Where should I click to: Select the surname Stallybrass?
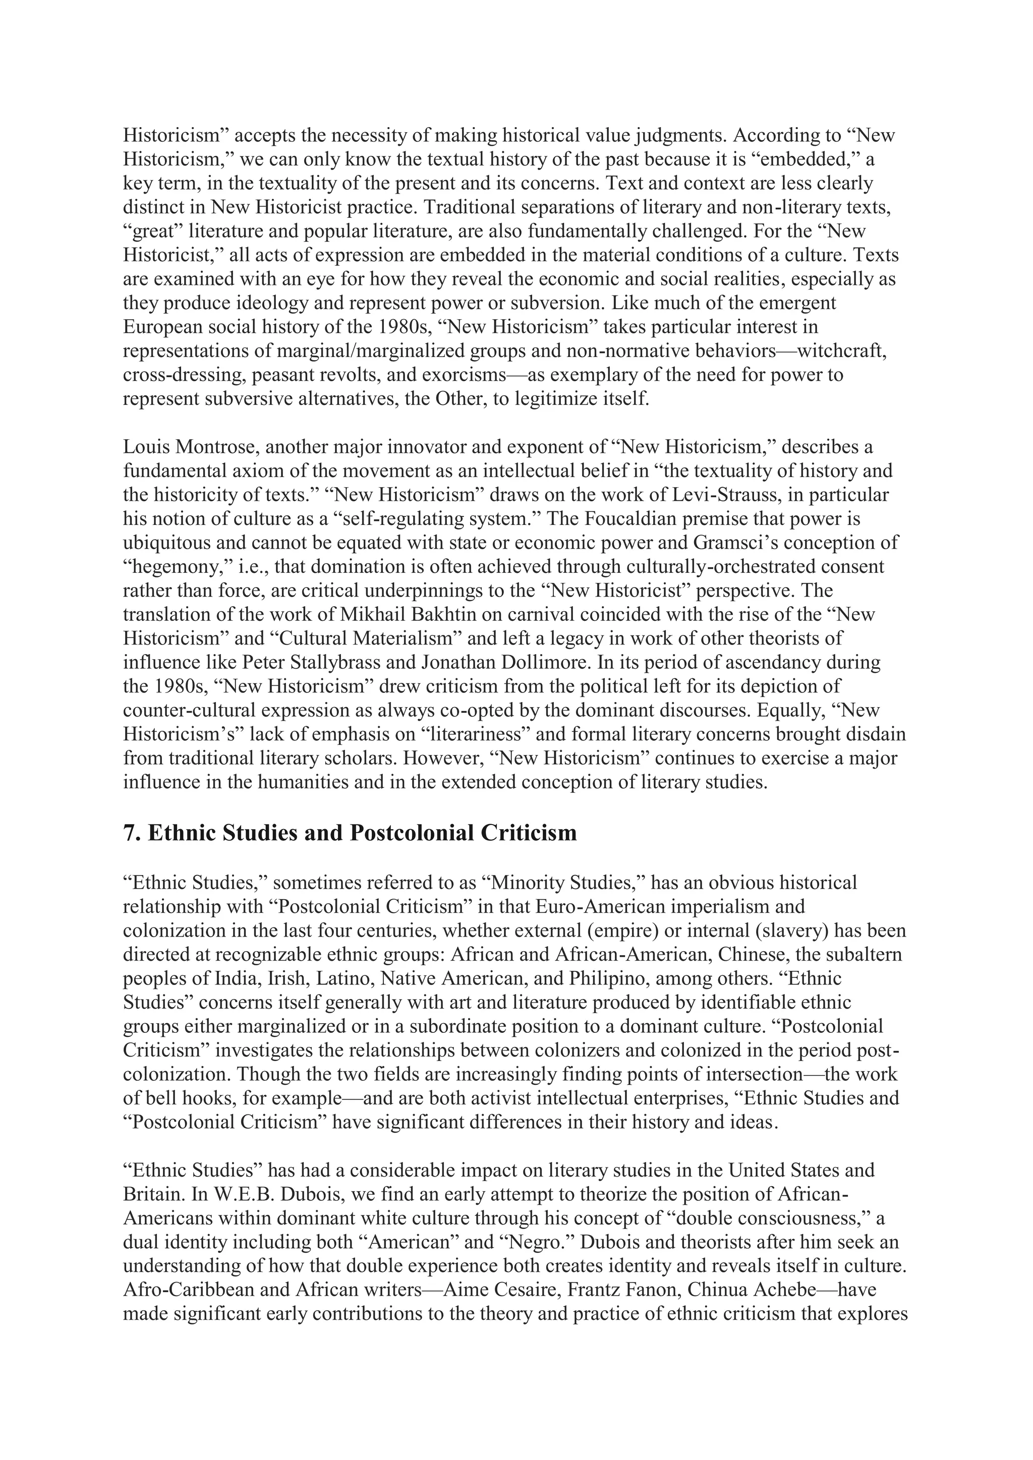click(x=343, y=663)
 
